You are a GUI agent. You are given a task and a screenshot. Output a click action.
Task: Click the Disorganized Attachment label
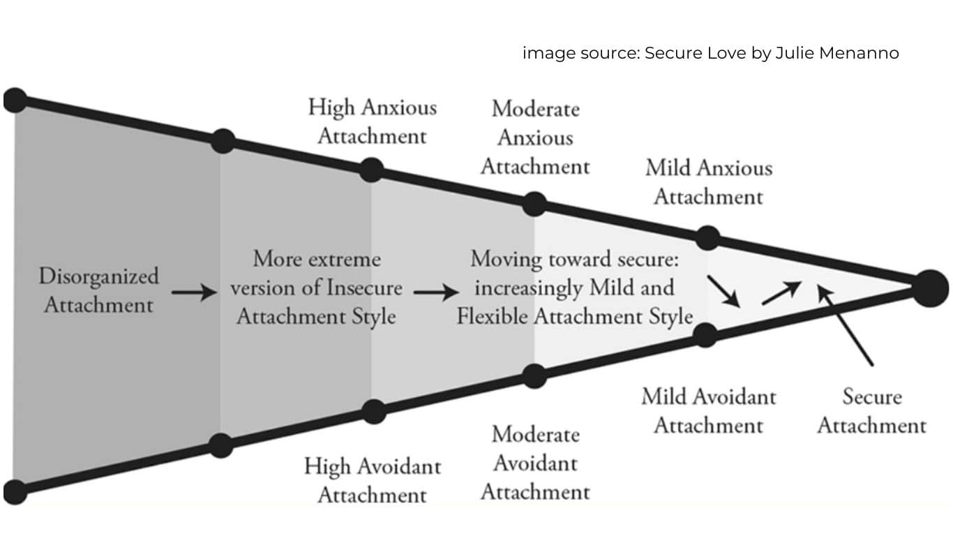point(98,290)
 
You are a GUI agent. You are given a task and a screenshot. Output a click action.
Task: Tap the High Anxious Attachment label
point(373,121)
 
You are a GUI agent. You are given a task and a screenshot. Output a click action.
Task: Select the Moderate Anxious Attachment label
point(535,137)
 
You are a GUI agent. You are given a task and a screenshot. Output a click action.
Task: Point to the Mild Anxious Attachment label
point(708,182)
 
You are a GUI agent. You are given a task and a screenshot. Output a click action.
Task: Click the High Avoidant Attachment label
point(373,480)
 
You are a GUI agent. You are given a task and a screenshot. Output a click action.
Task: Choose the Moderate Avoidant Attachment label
point(535,463)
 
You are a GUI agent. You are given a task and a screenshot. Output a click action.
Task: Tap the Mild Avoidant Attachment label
point(708,410)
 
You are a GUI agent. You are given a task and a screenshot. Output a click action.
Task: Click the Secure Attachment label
point(871,410)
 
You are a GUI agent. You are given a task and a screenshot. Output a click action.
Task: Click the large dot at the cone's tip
point(931,287)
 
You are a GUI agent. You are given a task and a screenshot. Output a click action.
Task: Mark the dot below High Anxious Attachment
point(372,170)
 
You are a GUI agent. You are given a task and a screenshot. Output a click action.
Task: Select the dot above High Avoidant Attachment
point(374,411)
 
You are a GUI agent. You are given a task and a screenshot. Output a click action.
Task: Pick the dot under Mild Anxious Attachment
point(707,237)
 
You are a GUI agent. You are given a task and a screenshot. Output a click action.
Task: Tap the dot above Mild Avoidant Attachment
point(706,335)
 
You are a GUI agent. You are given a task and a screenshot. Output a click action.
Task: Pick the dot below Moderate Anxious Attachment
point(534,204)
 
